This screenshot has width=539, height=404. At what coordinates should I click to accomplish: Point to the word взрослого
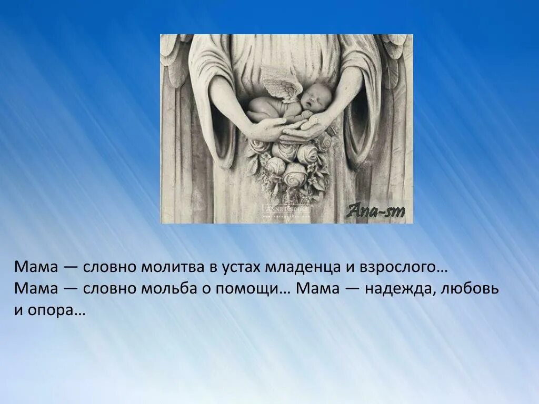[403, 267]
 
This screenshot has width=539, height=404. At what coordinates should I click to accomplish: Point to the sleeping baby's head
[316, 98]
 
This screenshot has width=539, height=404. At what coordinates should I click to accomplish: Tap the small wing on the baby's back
[283, 86]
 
